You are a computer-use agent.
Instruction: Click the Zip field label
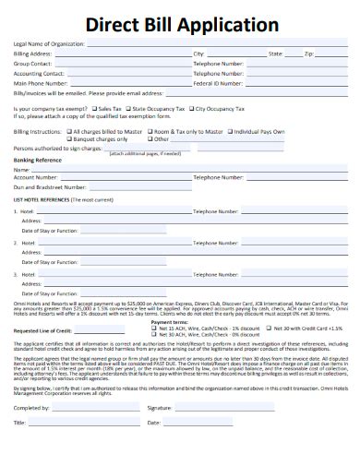click(308, 54)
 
